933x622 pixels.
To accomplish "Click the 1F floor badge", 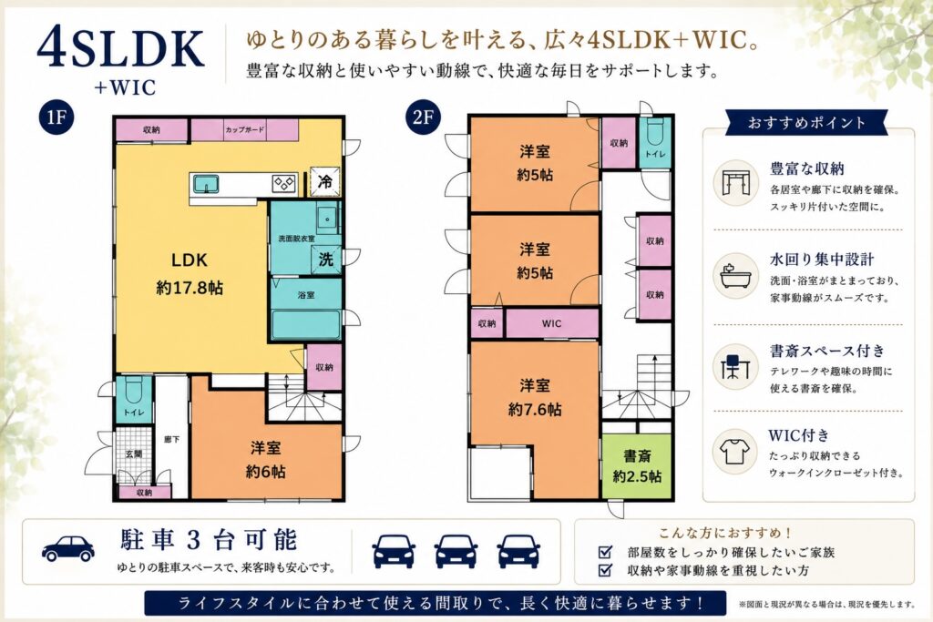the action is pos(56,117).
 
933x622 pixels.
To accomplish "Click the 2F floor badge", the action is pos(423,117).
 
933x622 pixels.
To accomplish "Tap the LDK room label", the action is pos(190,260).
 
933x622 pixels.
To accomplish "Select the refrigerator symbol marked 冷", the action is pos(325,181).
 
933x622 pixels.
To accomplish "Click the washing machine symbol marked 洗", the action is pos(326,260).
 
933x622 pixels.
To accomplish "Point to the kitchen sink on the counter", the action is pos(206,184).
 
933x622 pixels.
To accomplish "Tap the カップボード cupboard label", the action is pos(244,129).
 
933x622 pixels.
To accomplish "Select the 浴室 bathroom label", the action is pos(306,294).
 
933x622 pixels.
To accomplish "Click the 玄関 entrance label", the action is pos(134,454).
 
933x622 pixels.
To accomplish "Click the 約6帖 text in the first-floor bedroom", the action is pos(265,472).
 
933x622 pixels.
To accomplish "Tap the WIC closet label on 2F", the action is pos(551,323).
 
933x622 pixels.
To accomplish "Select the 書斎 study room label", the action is pos(637,456).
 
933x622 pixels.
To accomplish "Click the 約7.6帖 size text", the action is pos(534,410).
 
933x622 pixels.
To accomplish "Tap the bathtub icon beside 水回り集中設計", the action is pos(735,276).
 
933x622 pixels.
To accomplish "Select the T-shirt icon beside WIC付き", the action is pos(735,452).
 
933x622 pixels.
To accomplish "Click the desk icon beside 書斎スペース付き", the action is pos(735,366).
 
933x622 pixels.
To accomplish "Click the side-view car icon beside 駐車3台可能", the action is pos(68,548).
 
